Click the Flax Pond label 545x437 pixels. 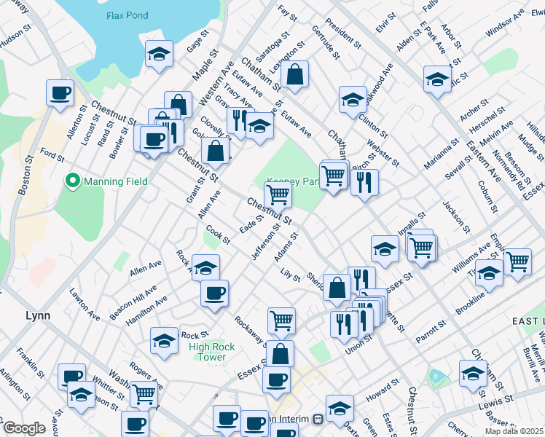pos(127,15)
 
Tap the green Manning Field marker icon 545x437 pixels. pos(73,181)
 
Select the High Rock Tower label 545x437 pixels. pos(212,352)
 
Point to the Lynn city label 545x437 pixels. pos(37,315)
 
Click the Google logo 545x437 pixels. pos(23,429)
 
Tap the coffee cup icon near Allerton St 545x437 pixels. pos(60,92)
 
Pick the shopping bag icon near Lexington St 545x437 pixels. pos(294,74)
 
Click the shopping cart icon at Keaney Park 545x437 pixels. pos(278,194)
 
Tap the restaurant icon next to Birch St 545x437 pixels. pos(364,181)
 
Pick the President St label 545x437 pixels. pos(343,32)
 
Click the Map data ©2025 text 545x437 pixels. pos(516,430)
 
